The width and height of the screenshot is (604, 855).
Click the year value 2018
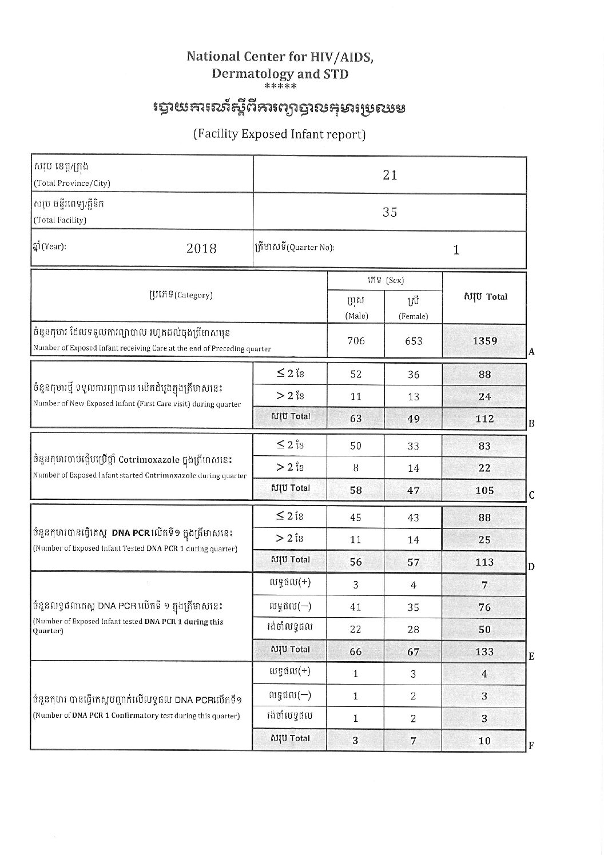coord(201,249)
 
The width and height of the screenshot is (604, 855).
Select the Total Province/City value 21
coord(390,175)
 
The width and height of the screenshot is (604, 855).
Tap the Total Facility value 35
coord(390,212)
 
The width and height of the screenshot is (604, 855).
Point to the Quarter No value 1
coord(456,250)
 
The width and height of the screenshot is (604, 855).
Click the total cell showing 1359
coord(484,341)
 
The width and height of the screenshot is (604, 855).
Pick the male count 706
coord(356,341)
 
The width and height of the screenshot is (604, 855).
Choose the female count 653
coord(413,341)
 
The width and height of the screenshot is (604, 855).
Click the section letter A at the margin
coord(531,352)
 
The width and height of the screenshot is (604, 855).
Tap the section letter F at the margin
coord(531,746)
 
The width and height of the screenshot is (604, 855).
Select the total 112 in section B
coord(484,419)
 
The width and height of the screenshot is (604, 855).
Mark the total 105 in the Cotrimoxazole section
coord(484,490)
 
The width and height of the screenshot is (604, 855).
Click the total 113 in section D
coord(484,562)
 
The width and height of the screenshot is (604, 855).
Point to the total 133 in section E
coord(484,651)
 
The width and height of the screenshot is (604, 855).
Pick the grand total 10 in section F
coord(484,741)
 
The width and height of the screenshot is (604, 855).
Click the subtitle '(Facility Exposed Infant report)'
coord(279,134)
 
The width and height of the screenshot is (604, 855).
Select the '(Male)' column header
coord(356,316)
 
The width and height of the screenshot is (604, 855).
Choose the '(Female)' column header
coord(413,316)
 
